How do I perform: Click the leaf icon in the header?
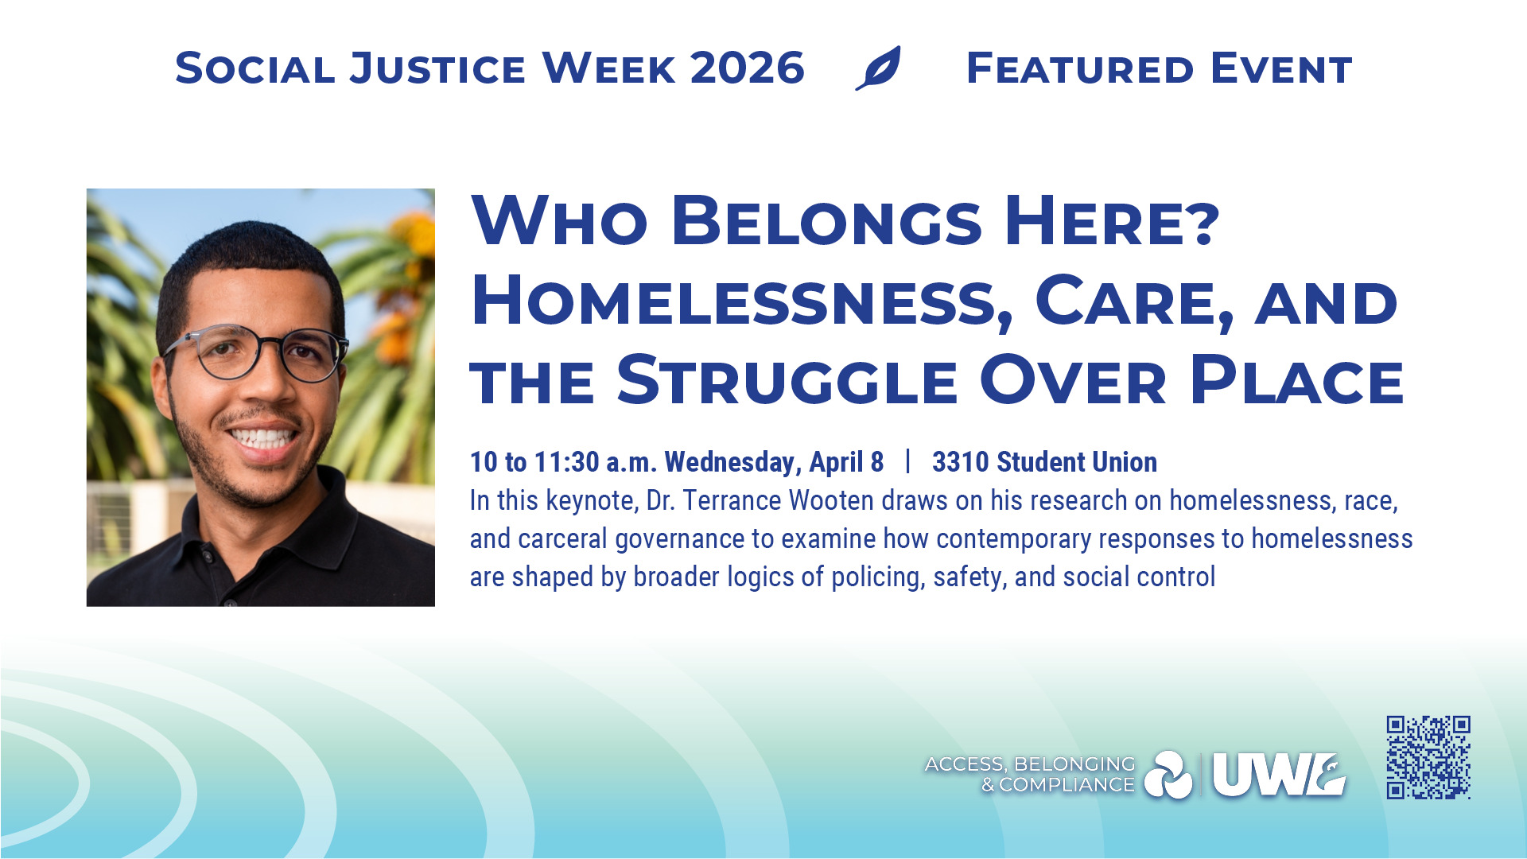(879, 68)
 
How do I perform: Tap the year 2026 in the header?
(748, 68)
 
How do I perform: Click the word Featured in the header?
(1080, 68)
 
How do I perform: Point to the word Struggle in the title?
(787, 380)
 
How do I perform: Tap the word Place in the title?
(1297, 380)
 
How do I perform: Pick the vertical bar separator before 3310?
(907, 461)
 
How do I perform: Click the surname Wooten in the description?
(832, 500)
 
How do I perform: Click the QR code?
(1428, 757)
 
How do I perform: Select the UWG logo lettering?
(1279, 775)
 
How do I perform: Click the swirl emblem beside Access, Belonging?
(1168, 775)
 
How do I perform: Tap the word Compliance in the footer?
(1067, 785)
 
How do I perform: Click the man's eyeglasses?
(256, 352)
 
